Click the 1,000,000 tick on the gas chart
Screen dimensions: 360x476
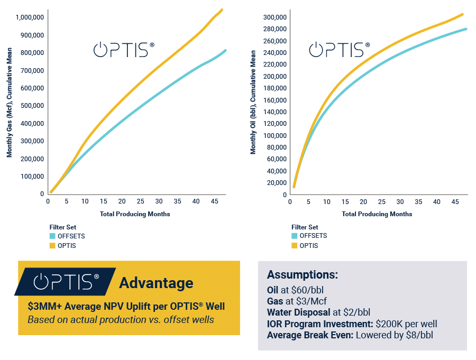coord(29,17)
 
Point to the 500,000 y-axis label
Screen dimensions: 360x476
coord(32,106)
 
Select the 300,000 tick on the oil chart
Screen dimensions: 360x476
coord(275,17)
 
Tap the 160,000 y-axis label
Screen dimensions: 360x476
coord(275,100)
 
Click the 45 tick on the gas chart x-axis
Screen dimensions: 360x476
coord(214,201)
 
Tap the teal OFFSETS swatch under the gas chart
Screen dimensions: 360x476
coord(52,236)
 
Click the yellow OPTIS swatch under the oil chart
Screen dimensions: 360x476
coord(294,246)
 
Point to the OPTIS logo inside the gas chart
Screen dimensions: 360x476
coord(124,50)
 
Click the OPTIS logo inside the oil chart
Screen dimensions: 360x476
coord(339,50)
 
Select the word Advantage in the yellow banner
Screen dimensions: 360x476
coord(156,283)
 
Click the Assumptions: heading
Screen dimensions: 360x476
coord(302,275)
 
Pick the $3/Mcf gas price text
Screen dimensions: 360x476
coord(309,301)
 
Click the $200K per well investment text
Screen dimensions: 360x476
coord(405,324)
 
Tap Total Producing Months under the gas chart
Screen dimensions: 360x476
coord(135,214)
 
